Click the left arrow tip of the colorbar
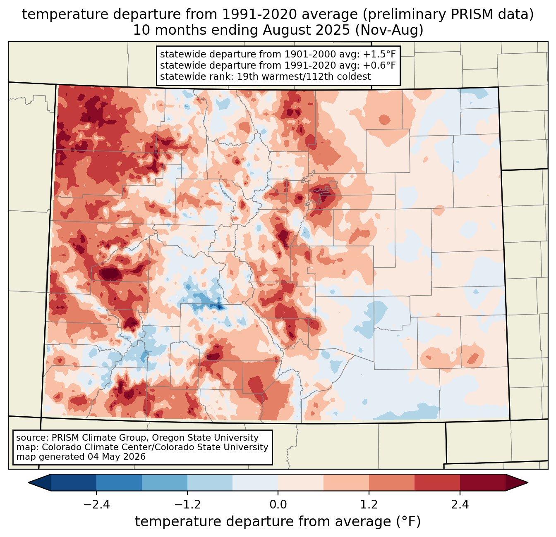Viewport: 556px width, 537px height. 28,483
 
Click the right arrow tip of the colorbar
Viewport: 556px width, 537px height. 528,483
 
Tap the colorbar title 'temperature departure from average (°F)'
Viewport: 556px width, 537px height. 278,522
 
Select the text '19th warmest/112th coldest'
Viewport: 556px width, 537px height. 304,76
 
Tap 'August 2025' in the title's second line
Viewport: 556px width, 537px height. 306,30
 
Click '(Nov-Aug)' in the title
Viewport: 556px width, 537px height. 389,30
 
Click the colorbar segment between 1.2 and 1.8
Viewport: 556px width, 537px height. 392,483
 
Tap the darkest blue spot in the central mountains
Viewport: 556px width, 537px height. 219,307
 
